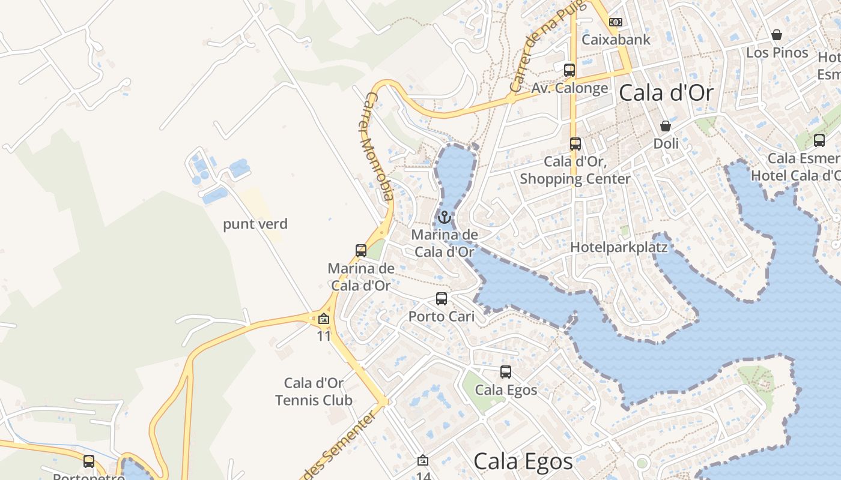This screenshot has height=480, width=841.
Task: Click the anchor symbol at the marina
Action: tap(445, 217)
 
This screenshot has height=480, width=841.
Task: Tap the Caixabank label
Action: tap(616, 40)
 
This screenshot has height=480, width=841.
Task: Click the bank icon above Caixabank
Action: tap(615, 22)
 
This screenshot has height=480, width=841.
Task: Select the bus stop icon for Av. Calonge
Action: tap(569, 70)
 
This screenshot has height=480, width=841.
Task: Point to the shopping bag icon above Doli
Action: tap(666, 126)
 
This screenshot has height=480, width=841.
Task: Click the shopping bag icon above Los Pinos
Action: tap(777, 35)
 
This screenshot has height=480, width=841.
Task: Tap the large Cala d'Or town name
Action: tap(666, 93)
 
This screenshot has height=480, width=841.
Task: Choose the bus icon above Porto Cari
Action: tap(442, 298)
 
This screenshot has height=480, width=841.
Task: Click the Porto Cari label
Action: tap(442, 316)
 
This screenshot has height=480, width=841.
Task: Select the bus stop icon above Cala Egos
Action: tap(506, 372)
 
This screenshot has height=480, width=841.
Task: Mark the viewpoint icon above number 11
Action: tap(324, 319)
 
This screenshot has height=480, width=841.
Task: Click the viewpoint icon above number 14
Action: tap(423, 460)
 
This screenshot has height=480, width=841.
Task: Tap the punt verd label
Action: tap(255, 224)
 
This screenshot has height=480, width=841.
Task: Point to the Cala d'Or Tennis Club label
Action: tap(314, 391)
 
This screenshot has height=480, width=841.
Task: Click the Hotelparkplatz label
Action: tap(619, 247)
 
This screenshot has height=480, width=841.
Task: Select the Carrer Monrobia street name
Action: tap(377, 146)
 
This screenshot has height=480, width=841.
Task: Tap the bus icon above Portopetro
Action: tap(89, 461)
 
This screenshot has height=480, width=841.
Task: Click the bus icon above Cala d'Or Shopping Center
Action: tap(575, 144)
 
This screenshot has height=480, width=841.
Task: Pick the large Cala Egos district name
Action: tap(523, 461)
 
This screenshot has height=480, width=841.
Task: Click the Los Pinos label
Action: tap(777, 53)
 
